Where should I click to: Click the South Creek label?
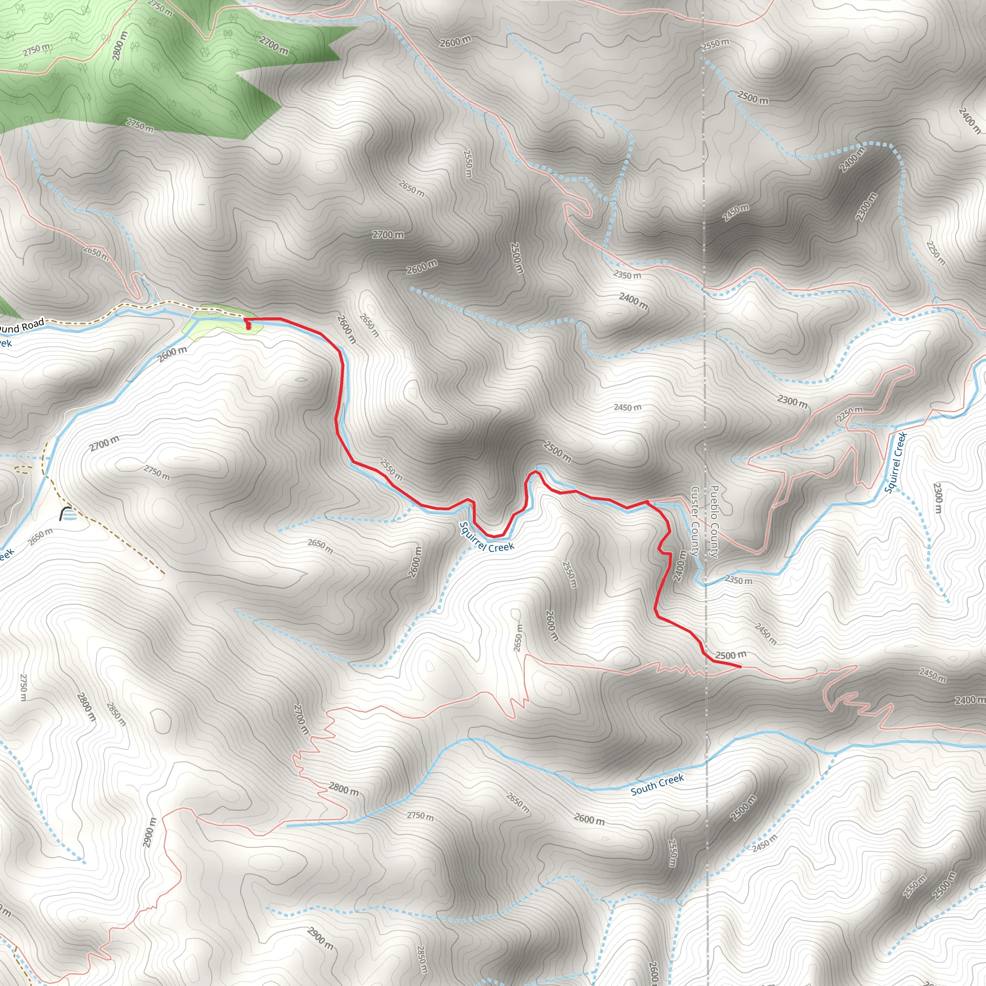(657, 785)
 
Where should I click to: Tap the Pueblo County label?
(714, 521)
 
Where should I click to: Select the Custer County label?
(695, 521)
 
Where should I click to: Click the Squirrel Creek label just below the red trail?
(486, 538)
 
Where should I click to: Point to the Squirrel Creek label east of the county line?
(895, 463)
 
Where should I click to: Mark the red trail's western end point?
(248, 328)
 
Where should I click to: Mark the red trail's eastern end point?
(740, 666)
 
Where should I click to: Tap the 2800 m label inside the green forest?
(119, 46)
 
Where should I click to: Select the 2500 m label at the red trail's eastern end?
(730, 655)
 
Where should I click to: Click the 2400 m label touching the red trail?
(680, 565)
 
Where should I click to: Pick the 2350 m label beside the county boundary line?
(739, 580)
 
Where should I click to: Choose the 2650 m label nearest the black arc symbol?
(41, 536)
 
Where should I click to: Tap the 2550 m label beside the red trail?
(391, 469)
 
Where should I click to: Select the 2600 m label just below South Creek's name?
(589, 819)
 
